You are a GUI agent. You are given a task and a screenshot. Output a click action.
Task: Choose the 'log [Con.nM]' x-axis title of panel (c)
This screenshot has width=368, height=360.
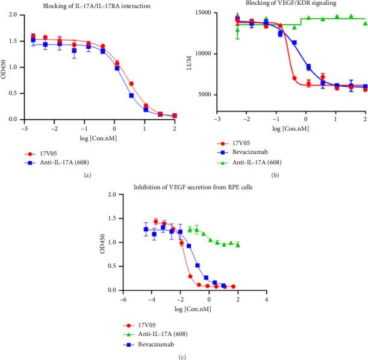click(195, 308)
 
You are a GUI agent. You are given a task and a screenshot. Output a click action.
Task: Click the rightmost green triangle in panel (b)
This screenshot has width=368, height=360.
click(366, 23)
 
